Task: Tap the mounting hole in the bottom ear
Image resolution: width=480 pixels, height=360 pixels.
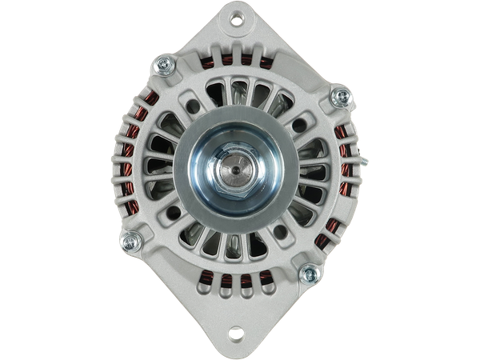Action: [x=238, y=336]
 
